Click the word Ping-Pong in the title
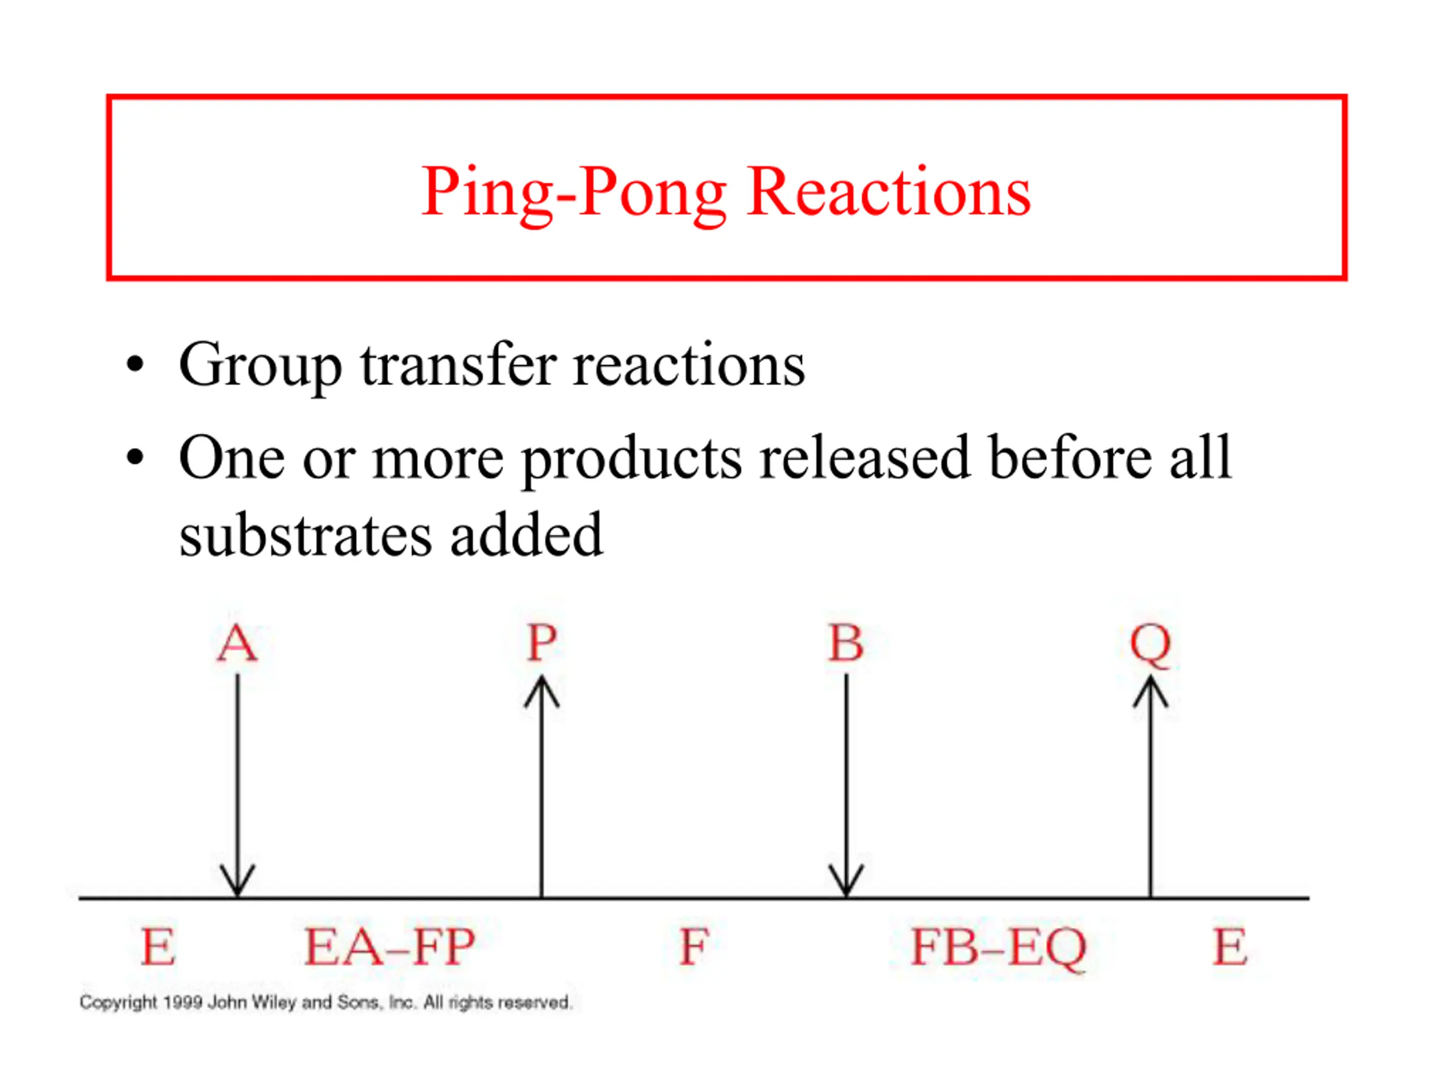coord(574,194)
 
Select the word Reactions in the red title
coord(889,191)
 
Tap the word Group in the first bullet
coord(260,367)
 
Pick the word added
coord(527,534)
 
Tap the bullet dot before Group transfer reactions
coord(135,364)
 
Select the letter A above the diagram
coord(237,643)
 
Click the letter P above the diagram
coord(542,643)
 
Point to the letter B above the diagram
coord(846,643)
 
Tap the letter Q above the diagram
coord(1150,645)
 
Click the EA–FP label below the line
coord(390,947)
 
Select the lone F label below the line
coord(694,947)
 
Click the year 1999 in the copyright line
coord(182,1003)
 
